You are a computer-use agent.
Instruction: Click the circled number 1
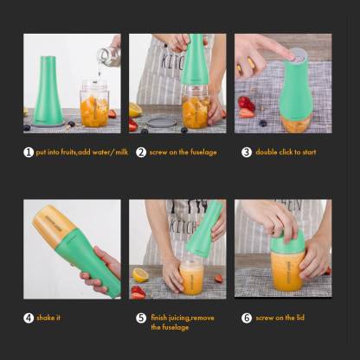(29, 152)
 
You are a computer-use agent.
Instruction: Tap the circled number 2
(141, 152)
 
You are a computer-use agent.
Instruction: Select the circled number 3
(247, 152)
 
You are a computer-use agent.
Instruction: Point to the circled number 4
(29, 318)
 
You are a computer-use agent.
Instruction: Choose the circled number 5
(141, 318)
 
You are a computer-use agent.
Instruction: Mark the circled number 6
(247, 318)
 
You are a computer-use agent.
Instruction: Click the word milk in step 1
(121, 151)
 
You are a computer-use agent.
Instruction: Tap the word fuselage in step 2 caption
(203, 152)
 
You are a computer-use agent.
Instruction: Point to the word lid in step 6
(300, 318)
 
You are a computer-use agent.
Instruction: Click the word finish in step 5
(159, 318)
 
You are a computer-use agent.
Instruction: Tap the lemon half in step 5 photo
(140, 275)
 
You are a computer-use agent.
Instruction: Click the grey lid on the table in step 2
(162, 122)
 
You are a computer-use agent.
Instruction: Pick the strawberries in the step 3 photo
(247, 107)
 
